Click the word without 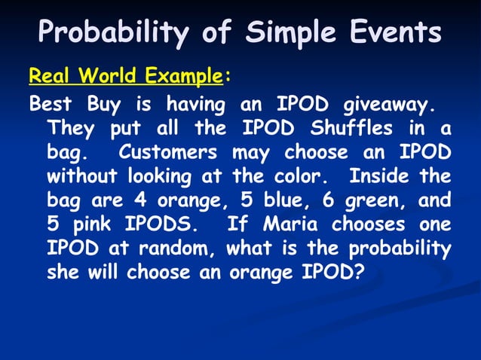(x=78, y=177)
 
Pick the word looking (x=159, y=177)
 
